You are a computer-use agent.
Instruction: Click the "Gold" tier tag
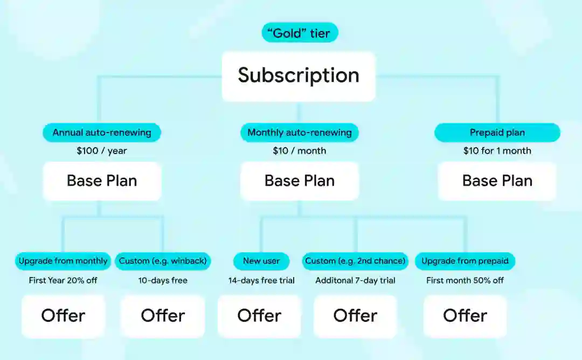(x=300, y=33)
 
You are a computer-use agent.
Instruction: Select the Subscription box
(x=299, y=75)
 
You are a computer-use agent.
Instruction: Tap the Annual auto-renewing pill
(x=102, y=133)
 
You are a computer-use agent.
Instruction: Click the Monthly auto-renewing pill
(x=299, y=133)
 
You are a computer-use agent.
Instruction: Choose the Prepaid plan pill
(x=497, y=133)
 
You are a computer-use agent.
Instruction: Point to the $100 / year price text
(x=102, y=151)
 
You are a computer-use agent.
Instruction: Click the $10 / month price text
(x=299, y=151)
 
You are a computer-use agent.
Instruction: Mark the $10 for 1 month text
(x=497, y=151)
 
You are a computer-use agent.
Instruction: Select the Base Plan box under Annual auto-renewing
(x=102, y=181)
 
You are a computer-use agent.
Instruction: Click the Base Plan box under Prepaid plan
(x=497, y=181)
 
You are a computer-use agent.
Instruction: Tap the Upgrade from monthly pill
(x=63, y=261)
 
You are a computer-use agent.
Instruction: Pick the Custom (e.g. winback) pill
(x=163, y=261)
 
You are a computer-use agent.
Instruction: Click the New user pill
(x=261, y=261)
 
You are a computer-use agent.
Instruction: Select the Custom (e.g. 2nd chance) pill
(x=355, y=261)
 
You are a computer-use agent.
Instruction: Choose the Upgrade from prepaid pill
(x=465, y=261)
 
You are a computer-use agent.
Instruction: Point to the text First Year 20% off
(x=63, y=280)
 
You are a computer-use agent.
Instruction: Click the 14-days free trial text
(x=261, y=280)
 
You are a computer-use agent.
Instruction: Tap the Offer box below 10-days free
(x=163, y=316)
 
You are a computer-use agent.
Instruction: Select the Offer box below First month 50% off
(x=465, y=316)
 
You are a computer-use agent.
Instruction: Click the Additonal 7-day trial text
(x=355, y=280)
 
